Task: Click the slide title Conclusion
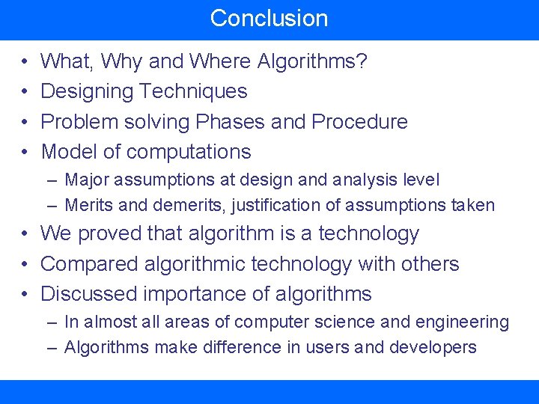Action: pos(269,18)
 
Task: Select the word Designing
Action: pos(88,91)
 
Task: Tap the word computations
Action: pos(188,151)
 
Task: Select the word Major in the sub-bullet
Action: pos(86,180)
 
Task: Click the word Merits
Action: pos(88,205)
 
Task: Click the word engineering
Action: pos(461,322)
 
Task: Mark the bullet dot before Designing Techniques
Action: pos(25,92)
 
